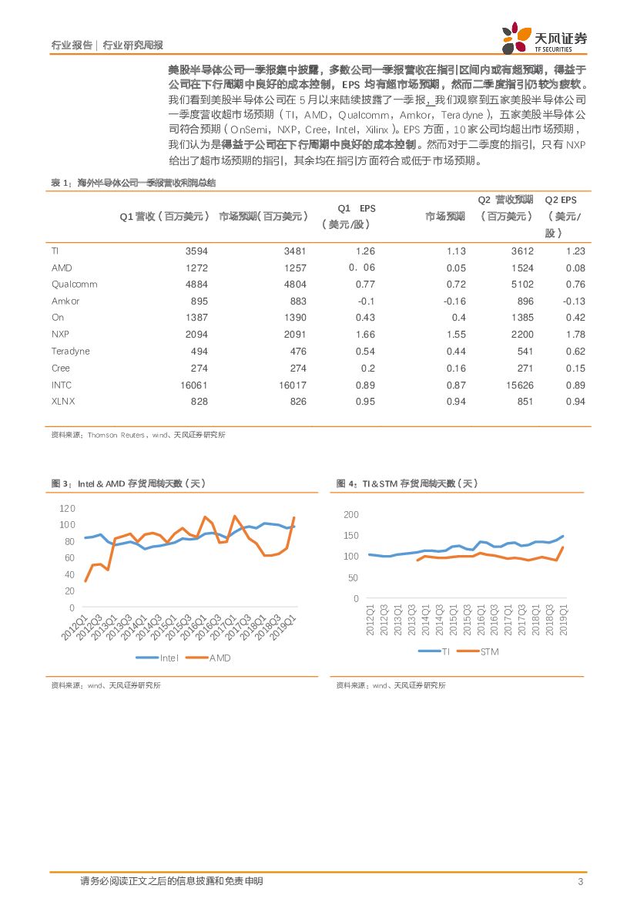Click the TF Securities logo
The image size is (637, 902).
pos(544,39)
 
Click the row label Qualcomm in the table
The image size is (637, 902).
pos(74,284)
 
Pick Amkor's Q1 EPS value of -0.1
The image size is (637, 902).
pos(366,301)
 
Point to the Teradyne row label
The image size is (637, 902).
pos(70,352)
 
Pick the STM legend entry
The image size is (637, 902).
pos(479,652)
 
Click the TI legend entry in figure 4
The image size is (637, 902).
pos(436,652)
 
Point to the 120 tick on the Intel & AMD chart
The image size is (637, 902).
pos(67,509)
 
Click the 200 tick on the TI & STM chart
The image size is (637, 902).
pos(351,514)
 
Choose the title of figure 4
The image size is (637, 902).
pos(407,483)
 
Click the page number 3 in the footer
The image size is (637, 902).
pos(580,882)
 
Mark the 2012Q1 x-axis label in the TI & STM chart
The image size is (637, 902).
pos(370,622)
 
